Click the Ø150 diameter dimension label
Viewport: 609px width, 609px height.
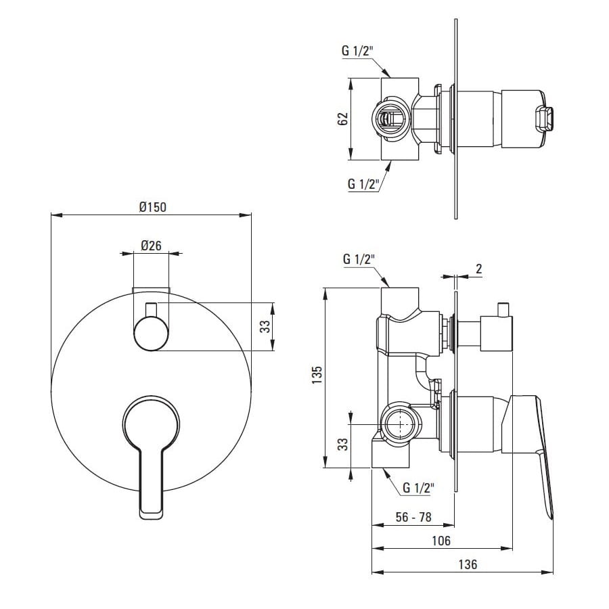pyautogui.click(x=153, y=207)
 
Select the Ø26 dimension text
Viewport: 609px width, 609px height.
pyautogui.click(x=151, y=246)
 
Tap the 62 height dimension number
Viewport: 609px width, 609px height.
pyautogui.click(x=342, y=119)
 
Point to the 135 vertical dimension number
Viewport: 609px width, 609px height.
pyautogui.click(x=317, y=375)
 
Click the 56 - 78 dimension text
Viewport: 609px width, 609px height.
pyautogui.click(x=413, y=517)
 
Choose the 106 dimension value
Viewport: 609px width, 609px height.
pyautogui.click(x=441, y=540)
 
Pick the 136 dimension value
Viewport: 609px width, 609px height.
pyautogui.click(x=468, y=564)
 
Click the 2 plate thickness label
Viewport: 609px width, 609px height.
pyautogui.click(x=478, y=269)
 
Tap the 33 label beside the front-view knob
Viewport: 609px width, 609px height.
pyautogui.click(x=265, y=326)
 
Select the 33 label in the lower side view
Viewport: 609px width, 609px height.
pyautogui.click(x=342, y=445)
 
